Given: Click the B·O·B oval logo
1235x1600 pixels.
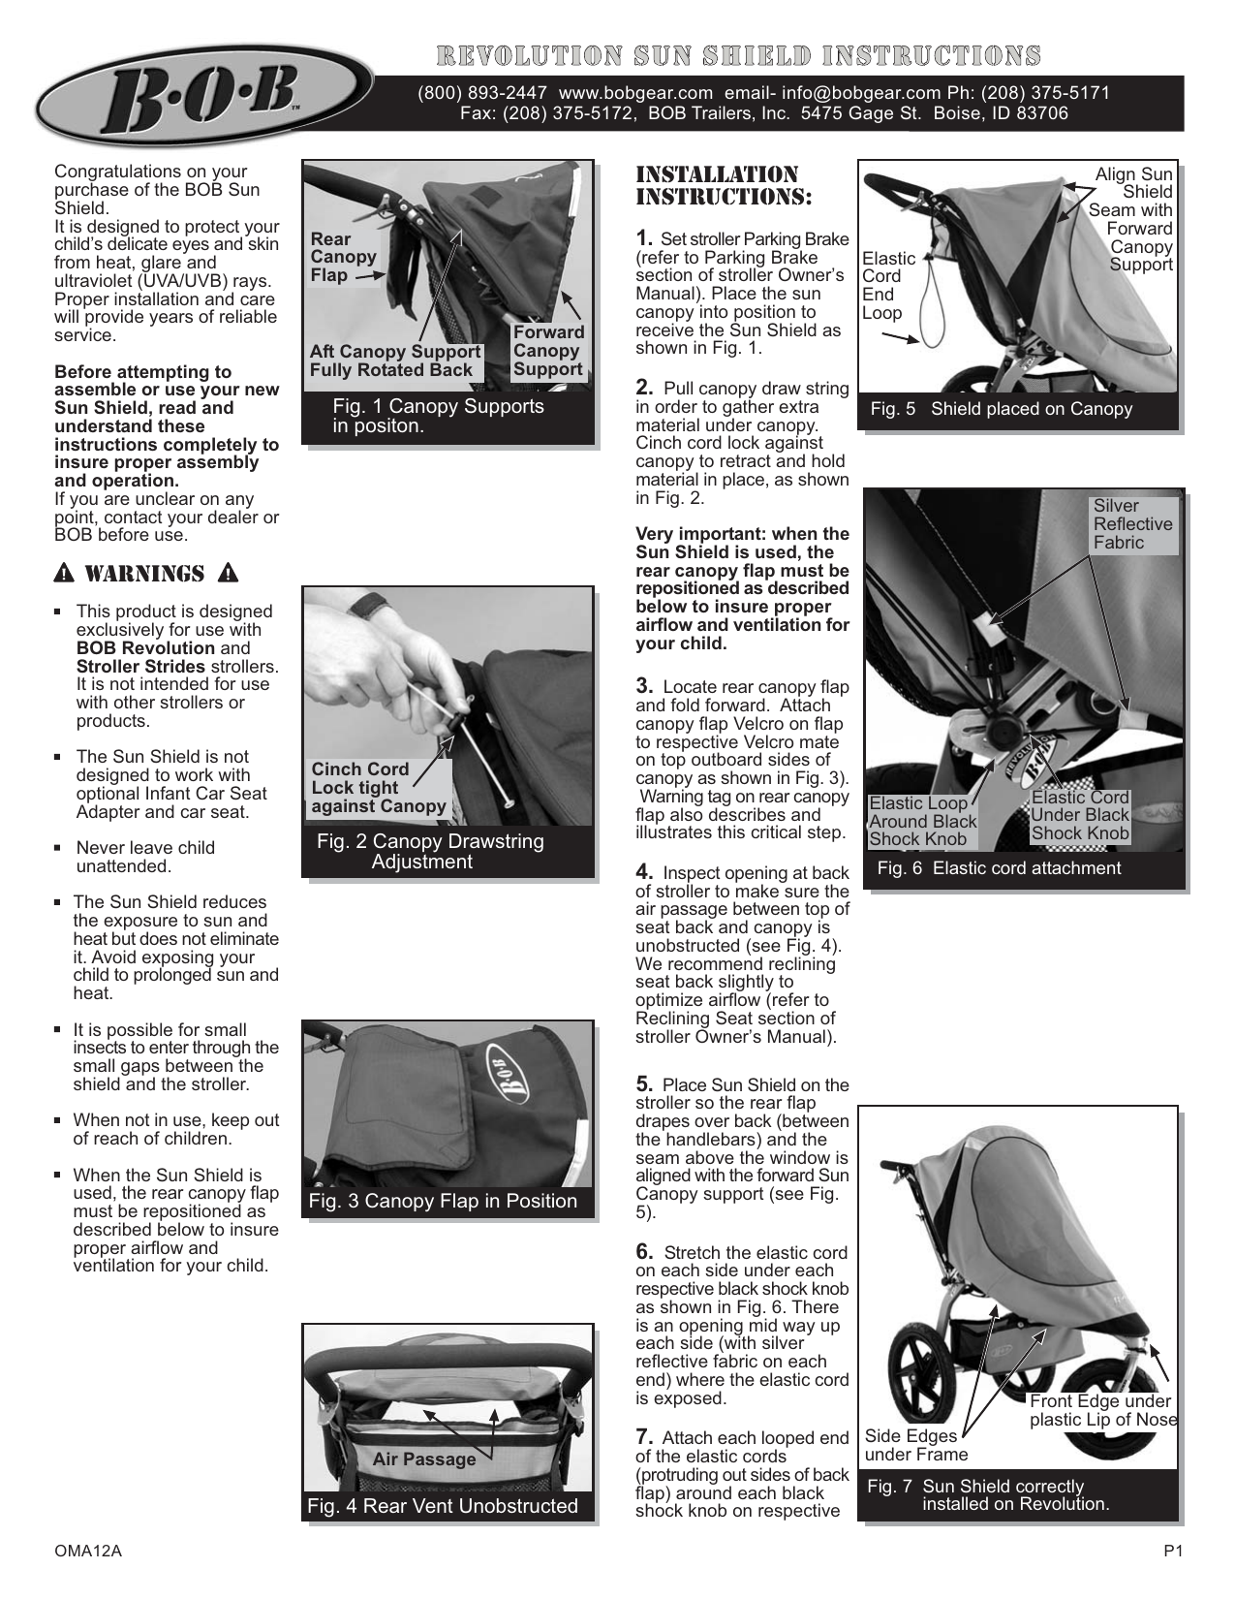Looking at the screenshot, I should [x=204, y=95].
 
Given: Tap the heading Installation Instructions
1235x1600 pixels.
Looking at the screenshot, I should [x=722, y=185].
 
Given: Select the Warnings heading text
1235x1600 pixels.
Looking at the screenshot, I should [x=145, y=574].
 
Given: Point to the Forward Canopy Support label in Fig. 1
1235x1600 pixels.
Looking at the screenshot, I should [x=548, y=351].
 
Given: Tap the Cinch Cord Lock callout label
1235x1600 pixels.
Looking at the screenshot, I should [x=378, y=787].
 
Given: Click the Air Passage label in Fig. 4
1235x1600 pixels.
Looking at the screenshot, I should [x=424, y=1459].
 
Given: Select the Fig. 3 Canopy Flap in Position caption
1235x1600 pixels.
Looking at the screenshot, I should [x=443, y=1202].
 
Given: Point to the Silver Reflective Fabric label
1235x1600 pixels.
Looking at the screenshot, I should [x=1131, y=524].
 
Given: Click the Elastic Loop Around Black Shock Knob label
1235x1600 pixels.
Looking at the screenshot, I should [x=922, y=821].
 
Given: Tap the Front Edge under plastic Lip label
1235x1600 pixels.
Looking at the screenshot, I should [x=1102, y=1410].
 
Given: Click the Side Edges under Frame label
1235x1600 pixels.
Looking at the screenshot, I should [x=915, y=1445].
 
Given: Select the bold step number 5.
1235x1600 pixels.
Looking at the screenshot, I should [x=644, y=1083].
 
